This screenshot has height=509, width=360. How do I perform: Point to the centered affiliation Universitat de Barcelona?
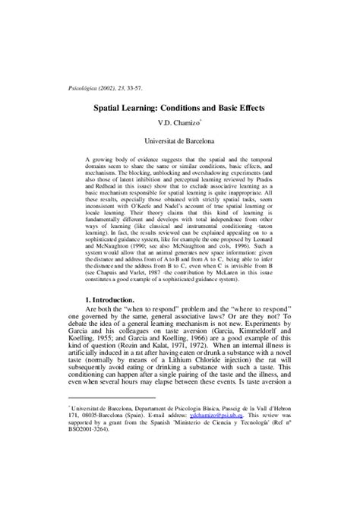click(x=179, y=140)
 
